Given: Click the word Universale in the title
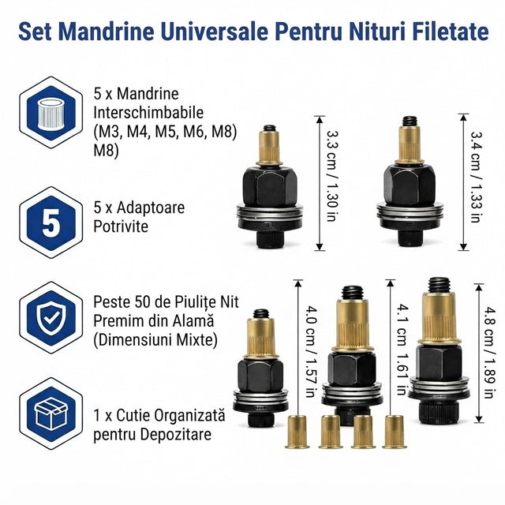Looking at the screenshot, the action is coord(214,32).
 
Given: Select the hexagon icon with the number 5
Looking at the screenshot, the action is coord(50,223).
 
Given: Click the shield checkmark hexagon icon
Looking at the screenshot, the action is coord(50,317).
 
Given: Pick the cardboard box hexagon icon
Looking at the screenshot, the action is coord(50,413).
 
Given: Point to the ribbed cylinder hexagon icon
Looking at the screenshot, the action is coord(50,112).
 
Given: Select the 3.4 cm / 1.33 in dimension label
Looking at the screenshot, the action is coord(475,177).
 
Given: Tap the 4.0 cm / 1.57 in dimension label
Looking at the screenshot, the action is coord(311,351).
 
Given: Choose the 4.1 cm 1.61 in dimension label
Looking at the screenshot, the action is coord(402,350).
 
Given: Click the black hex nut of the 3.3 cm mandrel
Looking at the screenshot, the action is coord(270,187).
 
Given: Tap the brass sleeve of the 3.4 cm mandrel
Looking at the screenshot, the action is coord(410,144).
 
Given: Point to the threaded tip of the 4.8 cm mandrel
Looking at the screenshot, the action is coord(440,285).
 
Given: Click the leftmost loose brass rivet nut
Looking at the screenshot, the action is coord(297,432).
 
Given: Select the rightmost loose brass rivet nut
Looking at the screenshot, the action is coord(395,432).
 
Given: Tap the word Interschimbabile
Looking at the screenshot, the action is coord(148,113).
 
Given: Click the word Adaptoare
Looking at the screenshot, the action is coord(151,208).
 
